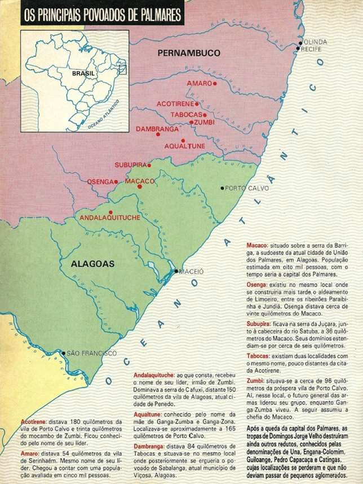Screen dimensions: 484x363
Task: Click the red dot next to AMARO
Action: [215, 83]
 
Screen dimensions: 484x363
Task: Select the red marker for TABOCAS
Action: [205, 114]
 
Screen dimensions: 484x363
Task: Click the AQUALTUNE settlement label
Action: [184, 146]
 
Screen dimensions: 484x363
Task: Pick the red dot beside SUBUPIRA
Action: [149, 165]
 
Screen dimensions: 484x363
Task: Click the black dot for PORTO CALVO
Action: [223, 188]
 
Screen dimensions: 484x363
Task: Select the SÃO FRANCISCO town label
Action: [92, 353]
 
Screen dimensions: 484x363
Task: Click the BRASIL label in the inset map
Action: [82, 73]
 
